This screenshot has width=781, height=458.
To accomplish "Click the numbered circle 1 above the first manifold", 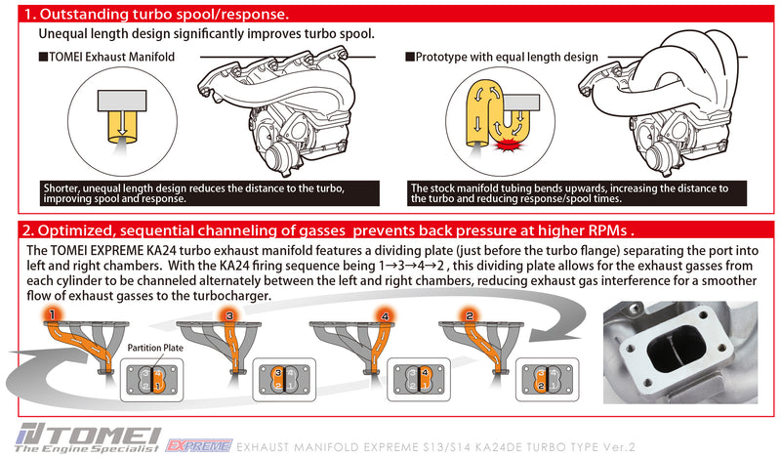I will click(x=50, y=314).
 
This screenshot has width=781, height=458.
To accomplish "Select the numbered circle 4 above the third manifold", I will click(x=386, y=316).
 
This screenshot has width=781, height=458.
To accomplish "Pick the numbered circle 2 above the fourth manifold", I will click(x=469, y=315).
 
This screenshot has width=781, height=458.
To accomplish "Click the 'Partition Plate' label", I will click(x=153, y=348).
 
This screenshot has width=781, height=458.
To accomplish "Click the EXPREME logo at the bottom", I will click(x=199, y=445).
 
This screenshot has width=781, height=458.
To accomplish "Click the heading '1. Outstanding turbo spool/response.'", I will click(x=156, y=17).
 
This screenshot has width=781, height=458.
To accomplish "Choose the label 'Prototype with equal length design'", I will click(x=493, y=57).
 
